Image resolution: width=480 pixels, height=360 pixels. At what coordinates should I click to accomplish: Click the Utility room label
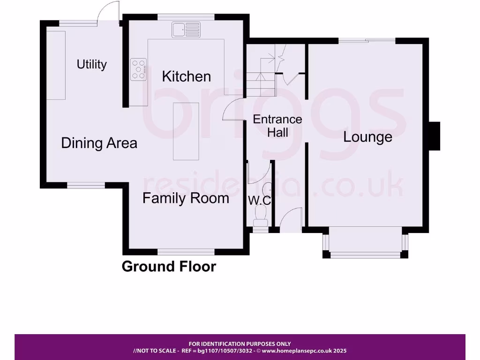click(x=92, y=64)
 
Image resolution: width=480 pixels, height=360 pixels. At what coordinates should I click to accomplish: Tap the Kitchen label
click(x=187, y=76)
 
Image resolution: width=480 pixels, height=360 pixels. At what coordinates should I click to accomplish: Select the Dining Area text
click(x=99, y=143)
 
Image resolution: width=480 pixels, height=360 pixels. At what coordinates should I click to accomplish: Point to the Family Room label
click(x=186, y=198)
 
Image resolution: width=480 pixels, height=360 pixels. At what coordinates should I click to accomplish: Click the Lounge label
click(x=367, y=137)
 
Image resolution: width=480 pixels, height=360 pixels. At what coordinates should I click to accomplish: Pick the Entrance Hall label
click(x=277, y=126)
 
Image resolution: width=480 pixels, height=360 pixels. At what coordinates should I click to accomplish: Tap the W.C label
click(x=259, y=200)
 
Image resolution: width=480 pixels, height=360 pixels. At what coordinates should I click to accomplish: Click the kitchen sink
click(x=186, y=30)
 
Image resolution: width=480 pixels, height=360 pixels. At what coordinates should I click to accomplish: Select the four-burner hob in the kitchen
click(x=139, y=68)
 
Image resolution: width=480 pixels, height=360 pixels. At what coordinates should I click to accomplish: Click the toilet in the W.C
click(x=260, y=216)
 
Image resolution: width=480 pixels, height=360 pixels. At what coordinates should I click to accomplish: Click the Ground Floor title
click(x=169, y=267)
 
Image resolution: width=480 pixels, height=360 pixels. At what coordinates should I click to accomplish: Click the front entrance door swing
click(x=289, y=219)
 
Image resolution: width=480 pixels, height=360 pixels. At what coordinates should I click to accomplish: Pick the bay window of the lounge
click(x=365, y=244)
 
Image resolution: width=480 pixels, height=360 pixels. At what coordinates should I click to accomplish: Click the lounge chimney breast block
click(x=435, y=136)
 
